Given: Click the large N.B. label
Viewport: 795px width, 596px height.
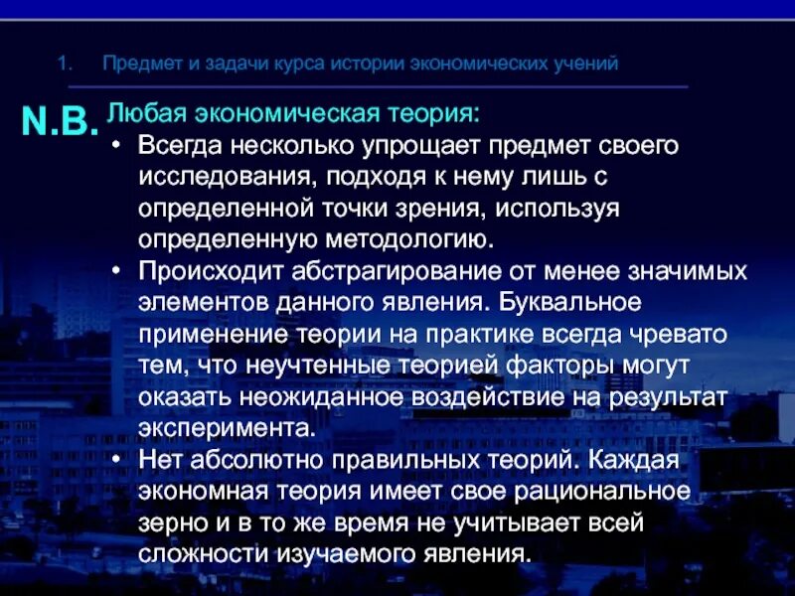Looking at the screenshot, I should (x=60, y=120).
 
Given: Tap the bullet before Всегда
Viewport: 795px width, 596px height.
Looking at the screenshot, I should (x=116, y=145).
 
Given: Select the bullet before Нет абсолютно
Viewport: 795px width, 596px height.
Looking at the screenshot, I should (x=116, y=460).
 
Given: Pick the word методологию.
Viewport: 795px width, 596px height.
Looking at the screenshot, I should (x=406, y=239).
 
